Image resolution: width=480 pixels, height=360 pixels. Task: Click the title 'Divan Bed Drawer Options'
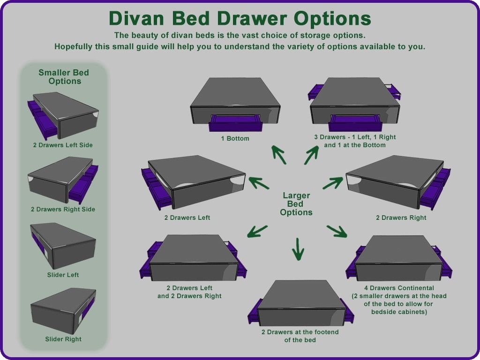click(x=240, y=18)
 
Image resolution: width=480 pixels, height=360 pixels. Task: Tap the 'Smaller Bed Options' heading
click(x=64, y=77)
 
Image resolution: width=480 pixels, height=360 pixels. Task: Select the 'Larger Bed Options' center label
click(x=296, y=204)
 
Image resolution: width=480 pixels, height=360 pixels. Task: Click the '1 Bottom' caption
click(x=235, y=138)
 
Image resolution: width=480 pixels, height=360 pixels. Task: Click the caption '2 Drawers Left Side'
click(x=63, y=145)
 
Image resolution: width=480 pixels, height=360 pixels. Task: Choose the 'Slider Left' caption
click(x=63, y=275)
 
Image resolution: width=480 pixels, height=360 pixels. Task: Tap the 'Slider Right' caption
click(x=63, y=339)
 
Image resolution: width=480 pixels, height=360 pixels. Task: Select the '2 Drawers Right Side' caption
click(x=63, y=210)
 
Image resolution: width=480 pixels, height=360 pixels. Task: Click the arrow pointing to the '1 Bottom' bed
click(x=279, y=155)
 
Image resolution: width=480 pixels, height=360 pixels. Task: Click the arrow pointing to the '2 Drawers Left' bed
click(x=259, y=183)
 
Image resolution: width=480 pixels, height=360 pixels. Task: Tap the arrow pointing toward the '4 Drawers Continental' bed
click(x=337, y=231)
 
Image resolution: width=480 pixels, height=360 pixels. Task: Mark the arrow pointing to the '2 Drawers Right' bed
click(x=333, y=183)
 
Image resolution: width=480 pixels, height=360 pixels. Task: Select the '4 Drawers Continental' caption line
click(x=399, y=288)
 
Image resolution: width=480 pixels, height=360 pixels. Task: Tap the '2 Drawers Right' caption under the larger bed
click(x=401, y=217)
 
